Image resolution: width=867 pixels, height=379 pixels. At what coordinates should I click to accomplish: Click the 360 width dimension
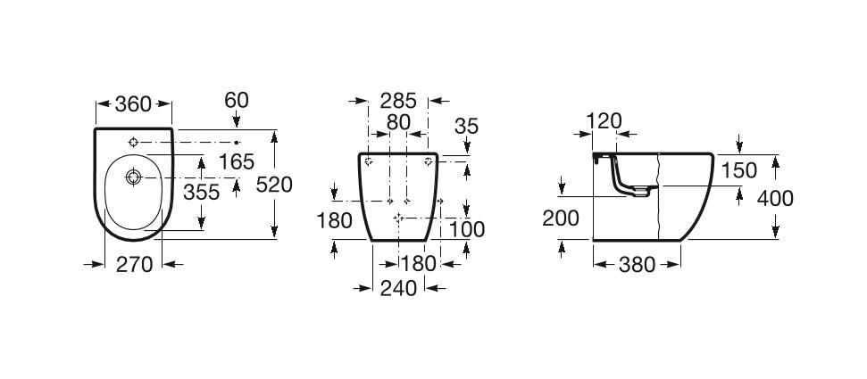(134, 105)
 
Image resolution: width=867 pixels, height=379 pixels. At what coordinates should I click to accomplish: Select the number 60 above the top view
(236, 100)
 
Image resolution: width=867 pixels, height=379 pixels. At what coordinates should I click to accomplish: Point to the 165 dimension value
(237, 161)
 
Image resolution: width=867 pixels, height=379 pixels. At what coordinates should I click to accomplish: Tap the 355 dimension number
(202, 192)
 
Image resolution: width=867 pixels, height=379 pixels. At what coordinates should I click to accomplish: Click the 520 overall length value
(274, 185)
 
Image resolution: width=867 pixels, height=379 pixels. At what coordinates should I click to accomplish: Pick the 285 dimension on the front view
(397, 100)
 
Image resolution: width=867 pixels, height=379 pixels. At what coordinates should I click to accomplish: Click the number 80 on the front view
(398, 122)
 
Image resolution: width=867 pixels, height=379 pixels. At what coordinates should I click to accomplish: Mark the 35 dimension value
(466, 127)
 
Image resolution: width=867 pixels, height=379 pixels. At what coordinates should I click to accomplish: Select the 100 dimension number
(466, 229)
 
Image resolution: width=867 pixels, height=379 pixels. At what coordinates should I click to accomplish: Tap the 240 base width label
(398, 288)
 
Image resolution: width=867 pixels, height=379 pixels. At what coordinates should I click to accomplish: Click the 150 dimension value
(739, 170)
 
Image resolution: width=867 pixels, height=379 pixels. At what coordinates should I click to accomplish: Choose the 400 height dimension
(774, 198)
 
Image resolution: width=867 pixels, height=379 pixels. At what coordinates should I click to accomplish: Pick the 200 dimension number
(562, 218)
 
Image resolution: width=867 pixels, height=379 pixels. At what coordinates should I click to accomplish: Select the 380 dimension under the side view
(638, 264)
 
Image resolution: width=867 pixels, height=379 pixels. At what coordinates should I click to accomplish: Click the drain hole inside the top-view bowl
(133, 177)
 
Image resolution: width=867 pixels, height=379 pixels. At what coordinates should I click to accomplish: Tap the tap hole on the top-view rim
(133, 143)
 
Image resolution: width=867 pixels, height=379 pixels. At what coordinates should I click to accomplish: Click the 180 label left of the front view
(335, 219)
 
